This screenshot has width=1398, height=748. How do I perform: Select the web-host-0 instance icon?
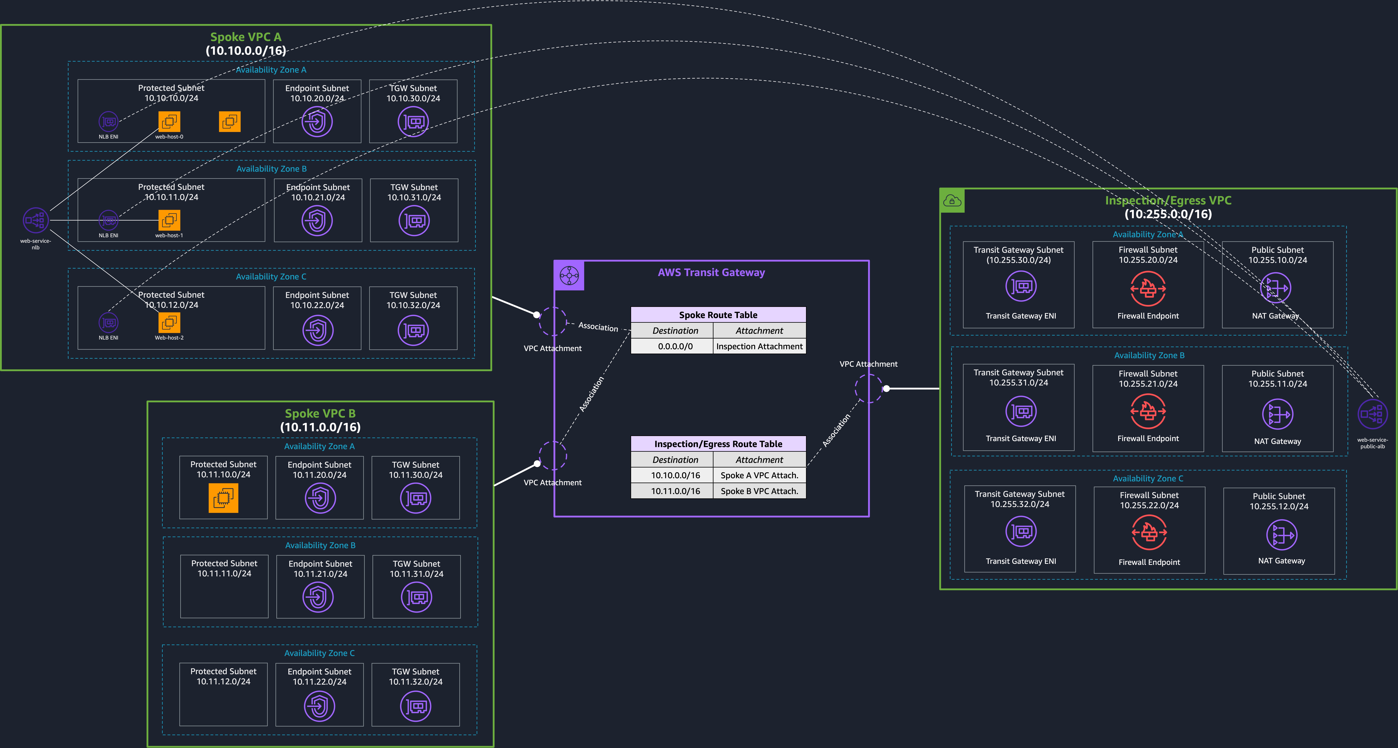click(169, 122)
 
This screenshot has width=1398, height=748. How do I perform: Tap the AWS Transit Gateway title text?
click(711, 272)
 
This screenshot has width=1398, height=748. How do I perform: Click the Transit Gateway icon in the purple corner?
click(569, 276)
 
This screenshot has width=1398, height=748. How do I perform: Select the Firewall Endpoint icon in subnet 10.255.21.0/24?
click(1148, 411)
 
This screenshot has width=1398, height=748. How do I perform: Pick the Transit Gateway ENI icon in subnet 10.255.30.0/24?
click(1021, 286)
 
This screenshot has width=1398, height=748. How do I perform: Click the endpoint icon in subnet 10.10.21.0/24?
click(317, 221)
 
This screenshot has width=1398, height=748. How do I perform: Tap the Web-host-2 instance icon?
click(169, 323)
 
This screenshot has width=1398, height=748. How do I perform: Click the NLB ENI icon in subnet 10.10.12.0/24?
click(108, 323)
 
